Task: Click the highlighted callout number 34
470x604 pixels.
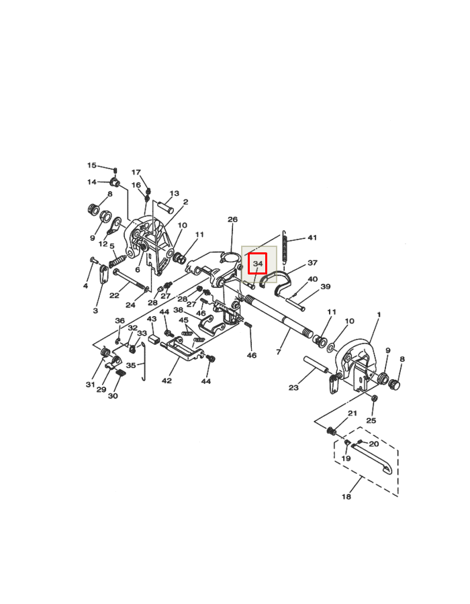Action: click(x=258, y=264)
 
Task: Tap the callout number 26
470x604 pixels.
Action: click(x=232, y=219)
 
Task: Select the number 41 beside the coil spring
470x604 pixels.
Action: click(x=312, y=238)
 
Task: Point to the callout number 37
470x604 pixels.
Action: click(x=312, y=263)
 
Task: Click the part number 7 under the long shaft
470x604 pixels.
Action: click(x=278, y=352)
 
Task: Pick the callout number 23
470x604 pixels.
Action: click(x=293, y=387)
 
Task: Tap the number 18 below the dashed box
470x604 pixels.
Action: click(x=346, y=497)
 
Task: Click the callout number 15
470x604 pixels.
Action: click(x=92, y=165)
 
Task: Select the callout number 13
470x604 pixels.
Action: click(x=174, y=194)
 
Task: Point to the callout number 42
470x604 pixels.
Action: click(x=167, y=381)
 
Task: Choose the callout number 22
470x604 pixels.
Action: click(x=114, y=295)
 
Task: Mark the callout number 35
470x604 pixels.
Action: click(x=131, y=365)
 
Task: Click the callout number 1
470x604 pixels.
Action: click(x=379, y=315)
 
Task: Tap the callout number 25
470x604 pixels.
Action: click(x=371, y=420)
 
